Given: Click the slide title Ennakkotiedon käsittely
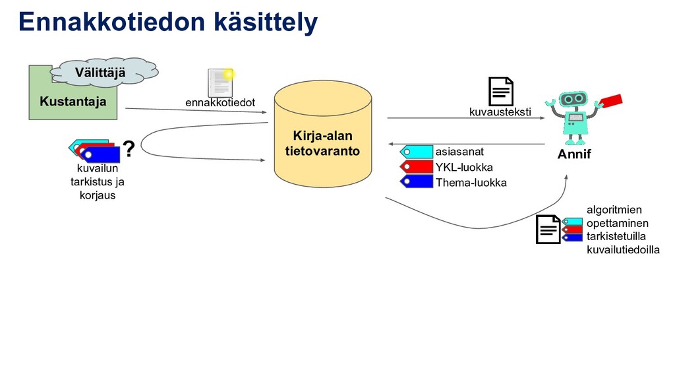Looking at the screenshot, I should click(x=168, y=22).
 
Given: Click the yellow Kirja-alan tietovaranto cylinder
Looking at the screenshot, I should click(x=322, y=135).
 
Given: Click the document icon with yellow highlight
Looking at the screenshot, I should click(x=220, y=82).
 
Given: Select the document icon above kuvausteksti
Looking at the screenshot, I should click(x=500, y=91).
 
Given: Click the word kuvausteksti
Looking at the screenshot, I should click(x=500, y=113).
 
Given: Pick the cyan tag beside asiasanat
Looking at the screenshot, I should click(x=416, y=152).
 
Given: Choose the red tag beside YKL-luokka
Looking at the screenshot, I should click(x=416, y=167).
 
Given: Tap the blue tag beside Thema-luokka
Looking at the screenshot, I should click(x=416, y=181).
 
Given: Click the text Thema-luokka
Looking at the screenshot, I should click(x=471, y=183).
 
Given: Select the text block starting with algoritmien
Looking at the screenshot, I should click(x=622, y=230).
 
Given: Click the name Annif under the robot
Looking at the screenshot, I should click(x=575, y=155).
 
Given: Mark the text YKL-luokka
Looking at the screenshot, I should click(x=463, y=167).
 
